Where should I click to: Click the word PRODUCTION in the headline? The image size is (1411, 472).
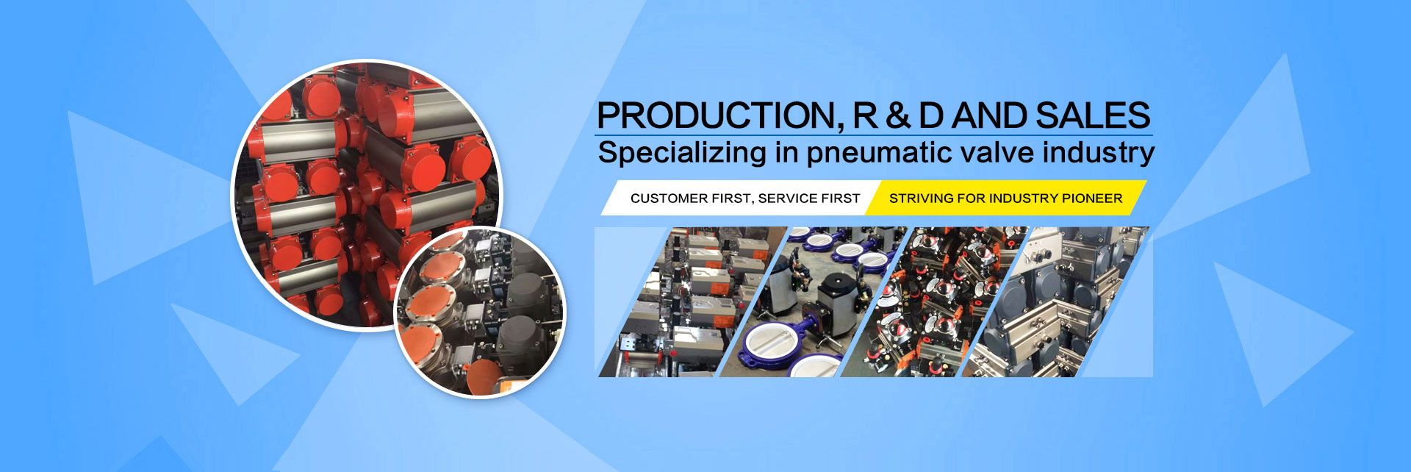coord(715,115)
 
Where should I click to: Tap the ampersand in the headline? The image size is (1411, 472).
coord(897,116)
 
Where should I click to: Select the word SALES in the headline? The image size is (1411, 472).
coord(1093,115)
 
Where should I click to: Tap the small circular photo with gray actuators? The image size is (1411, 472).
coord(480,312)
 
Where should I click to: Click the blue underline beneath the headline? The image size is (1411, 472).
coord(874,135)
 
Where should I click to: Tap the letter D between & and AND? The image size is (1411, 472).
coord(931,116)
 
